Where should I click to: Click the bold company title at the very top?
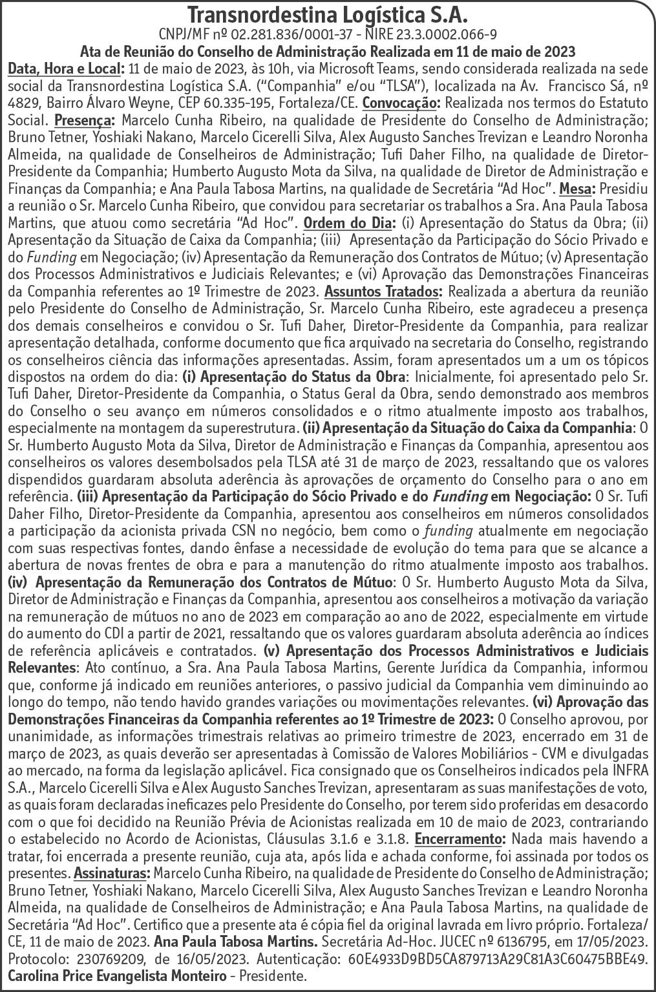tap(328, 14)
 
